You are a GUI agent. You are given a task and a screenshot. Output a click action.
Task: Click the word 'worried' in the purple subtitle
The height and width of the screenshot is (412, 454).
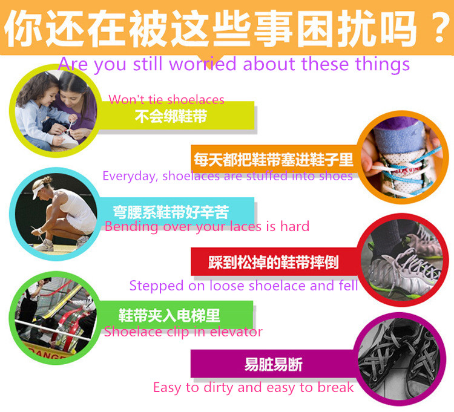coord(202,64)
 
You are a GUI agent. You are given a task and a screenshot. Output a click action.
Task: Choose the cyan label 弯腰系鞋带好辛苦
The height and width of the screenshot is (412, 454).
coord(171,212)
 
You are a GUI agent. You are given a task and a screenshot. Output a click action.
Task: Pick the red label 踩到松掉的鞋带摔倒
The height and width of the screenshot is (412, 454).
coord(274,263)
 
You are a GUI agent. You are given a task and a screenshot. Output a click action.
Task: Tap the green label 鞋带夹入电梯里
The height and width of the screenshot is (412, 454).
coord(169,315)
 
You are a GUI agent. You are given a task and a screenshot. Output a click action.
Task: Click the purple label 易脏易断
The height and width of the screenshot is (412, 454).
coord(274,365)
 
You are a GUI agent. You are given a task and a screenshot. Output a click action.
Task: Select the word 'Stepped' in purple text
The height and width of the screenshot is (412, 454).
coord(154,286)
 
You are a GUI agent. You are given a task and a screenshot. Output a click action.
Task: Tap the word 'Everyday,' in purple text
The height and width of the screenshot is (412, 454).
coord(128,176)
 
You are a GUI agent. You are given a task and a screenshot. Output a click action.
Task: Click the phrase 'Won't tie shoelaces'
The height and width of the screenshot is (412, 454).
coord(166,100)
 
